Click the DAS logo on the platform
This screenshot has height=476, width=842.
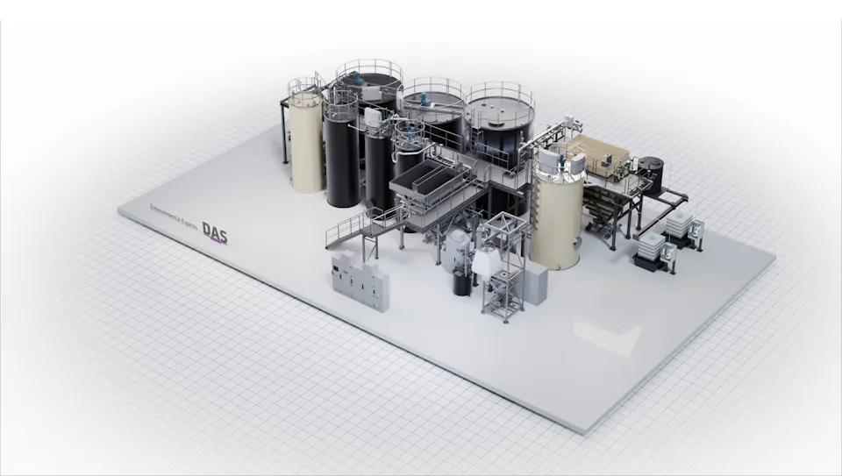tap(215, 231)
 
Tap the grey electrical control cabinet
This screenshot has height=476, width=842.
tap(358, 278)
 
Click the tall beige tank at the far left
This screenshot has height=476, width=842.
tap(307, 145)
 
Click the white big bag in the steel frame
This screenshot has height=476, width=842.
tap(485, 260)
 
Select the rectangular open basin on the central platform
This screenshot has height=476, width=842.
tap(429, 180)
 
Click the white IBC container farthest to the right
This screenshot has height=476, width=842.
tap(680, 226)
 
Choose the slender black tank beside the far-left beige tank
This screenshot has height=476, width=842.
tap(341, 158)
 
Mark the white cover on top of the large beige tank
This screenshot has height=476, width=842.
tap(550, 160)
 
